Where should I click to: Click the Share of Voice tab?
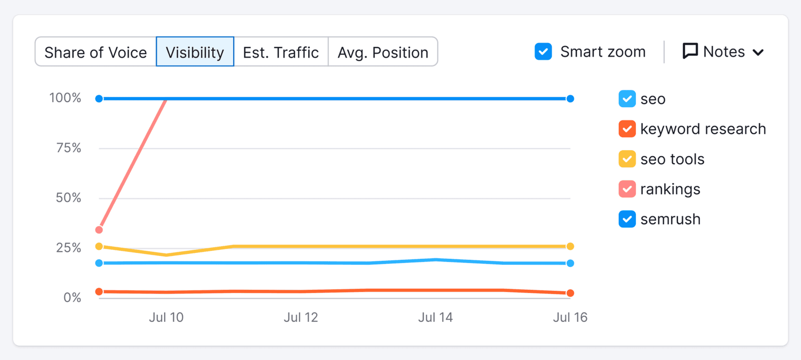(96, 52)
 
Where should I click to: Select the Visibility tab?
(195, 52)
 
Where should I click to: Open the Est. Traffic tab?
(281, 52)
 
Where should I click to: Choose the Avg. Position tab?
(383, 52)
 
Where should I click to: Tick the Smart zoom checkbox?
(543, 52)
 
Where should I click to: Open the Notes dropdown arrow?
(758, 52)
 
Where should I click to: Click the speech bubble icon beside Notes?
(690, 51)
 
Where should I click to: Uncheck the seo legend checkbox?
(627, 99)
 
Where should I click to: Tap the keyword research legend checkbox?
(627, 129)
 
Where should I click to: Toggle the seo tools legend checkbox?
(627, 159)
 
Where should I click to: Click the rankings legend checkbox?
(627, 189)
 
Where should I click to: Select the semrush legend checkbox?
(627, 219)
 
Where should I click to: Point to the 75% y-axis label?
(69, 148)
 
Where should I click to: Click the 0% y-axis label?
(72, 298)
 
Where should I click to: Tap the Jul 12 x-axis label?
(301, 317)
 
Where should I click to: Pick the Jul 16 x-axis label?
(570, 317)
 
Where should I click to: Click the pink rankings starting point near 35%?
(99, 230)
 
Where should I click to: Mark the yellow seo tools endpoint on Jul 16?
(570, 246)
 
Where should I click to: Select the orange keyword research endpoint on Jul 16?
(570, 293)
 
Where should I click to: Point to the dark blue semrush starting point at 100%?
(99, 99)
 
